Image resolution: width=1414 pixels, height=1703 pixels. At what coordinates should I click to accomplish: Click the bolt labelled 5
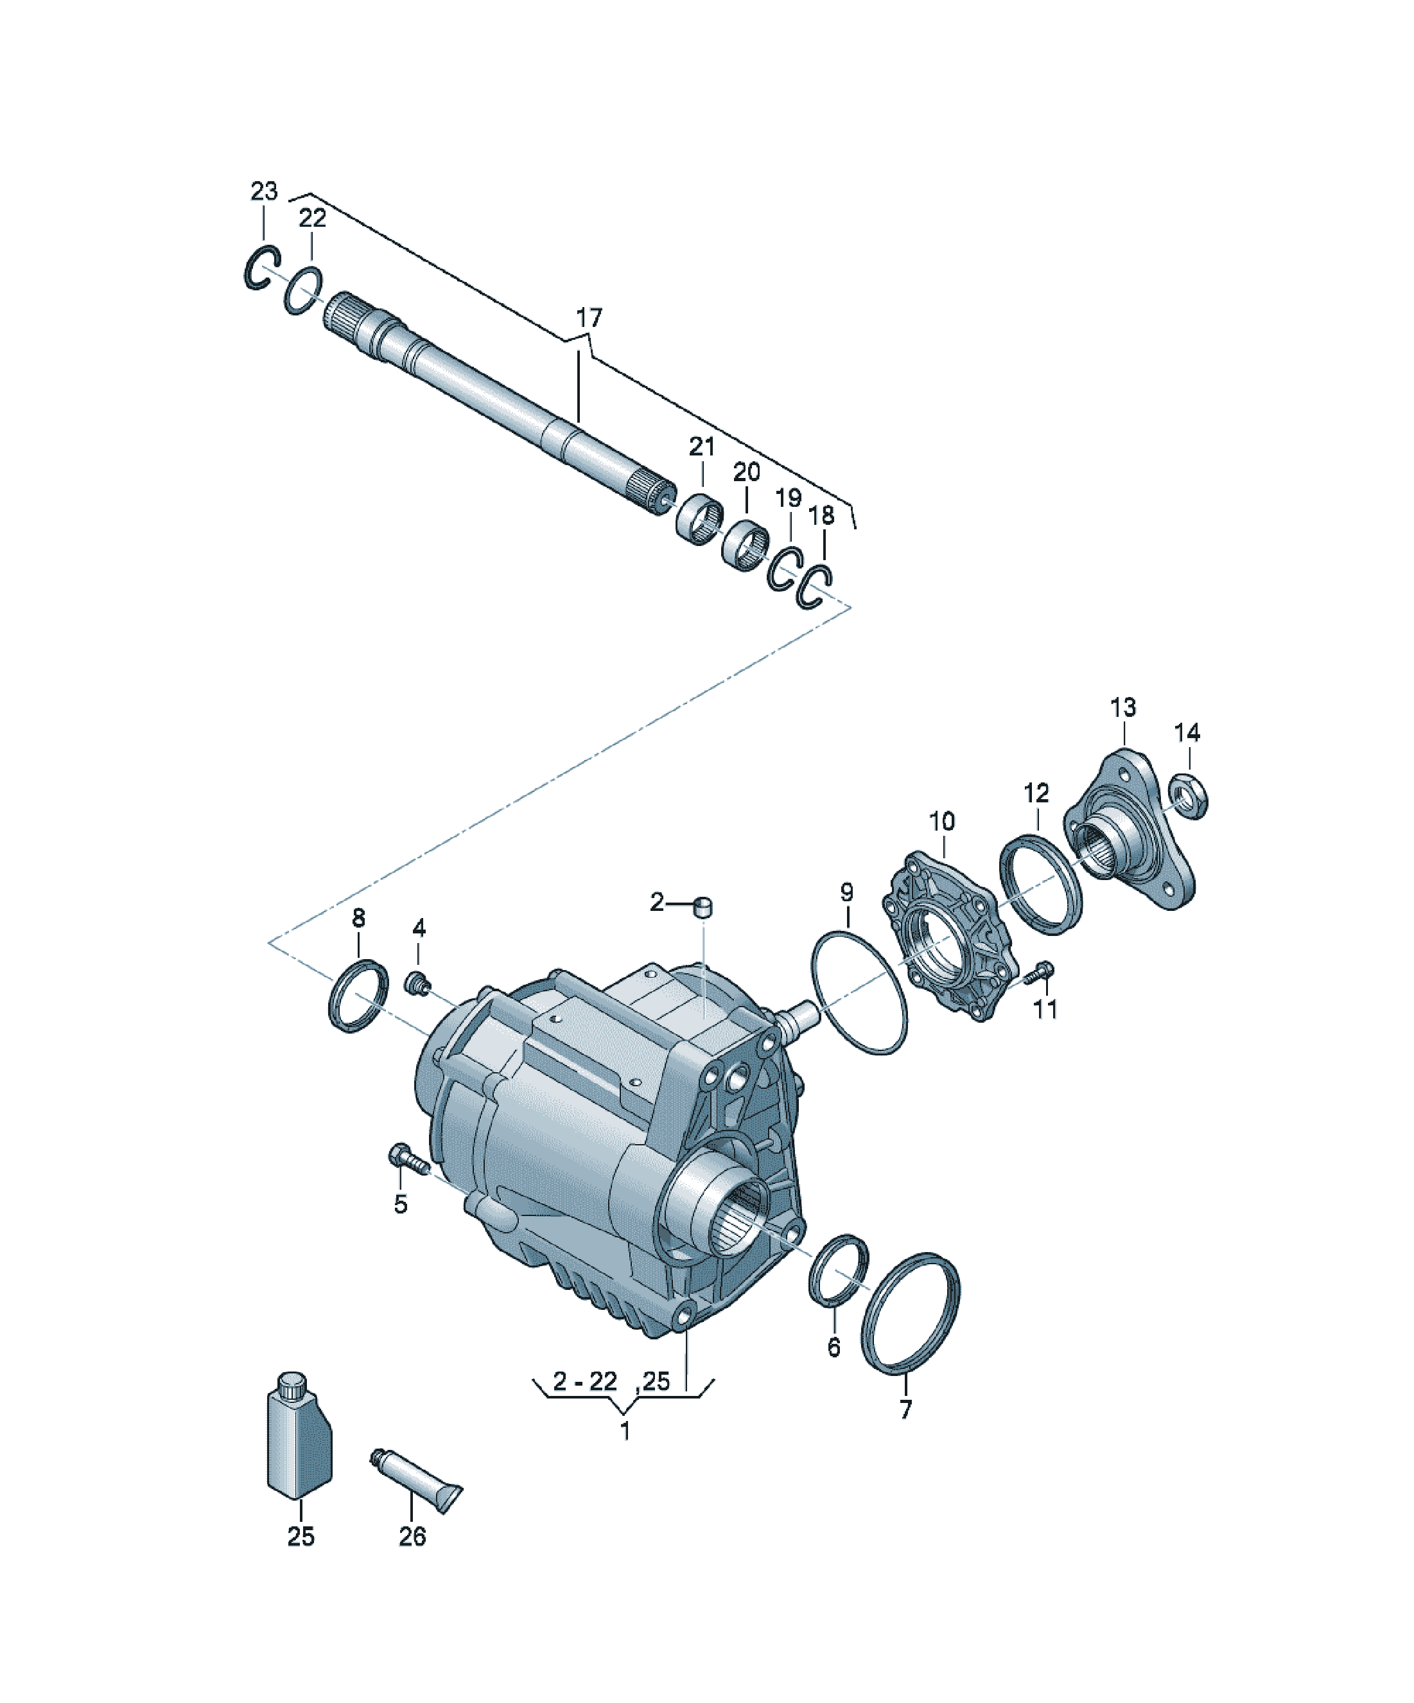pyautogui.click(x=410, y=1160)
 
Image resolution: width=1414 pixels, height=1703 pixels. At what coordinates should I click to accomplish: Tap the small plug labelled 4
pyautogui.click(x=417, y=985)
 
